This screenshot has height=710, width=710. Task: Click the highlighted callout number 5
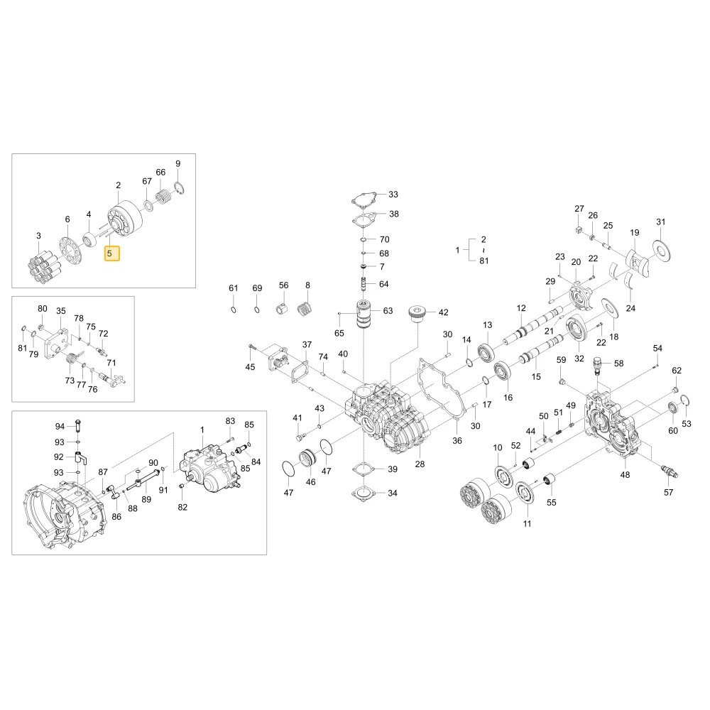click(x=112, y=253)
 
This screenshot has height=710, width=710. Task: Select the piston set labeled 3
click(x=44, y=266)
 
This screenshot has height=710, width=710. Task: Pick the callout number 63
click(x=388, y=311)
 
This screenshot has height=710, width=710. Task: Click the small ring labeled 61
click(x=233, y=310)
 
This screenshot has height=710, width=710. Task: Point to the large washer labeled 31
click(x=662, y=248)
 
